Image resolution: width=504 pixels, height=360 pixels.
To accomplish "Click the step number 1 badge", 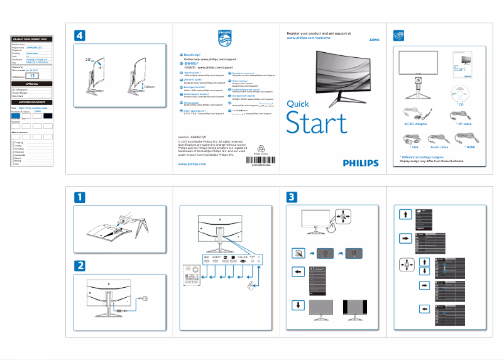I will coord(80,197).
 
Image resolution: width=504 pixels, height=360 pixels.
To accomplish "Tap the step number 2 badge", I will coord(80,265).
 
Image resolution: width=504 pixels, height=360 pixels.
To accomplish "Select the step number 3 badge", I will coord(292,197).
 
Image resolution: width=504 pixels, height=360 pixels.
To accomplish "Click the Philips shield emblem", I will coord(224,39).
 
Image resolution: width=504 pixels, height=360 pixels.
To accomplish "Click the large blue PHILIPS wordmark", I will coord(361,162).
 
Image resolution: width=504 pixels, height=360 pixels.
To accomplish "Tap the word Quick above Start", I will coord(297,104).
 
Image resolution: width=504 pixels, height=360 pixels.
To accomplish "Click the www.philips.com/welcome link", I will coord(309,38).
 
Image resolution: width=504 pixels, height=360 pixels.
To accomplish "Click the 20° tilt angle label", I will coord(89,59).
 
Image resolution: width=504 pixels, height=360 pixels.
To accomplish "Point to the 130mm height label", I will coord(148,87).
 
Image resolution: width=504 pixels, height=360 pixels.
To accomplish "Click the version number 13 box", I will coord(33,75).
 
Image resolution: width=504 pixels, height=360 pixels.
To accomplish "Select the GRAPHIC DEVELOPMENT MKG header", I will coord(31,40).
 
